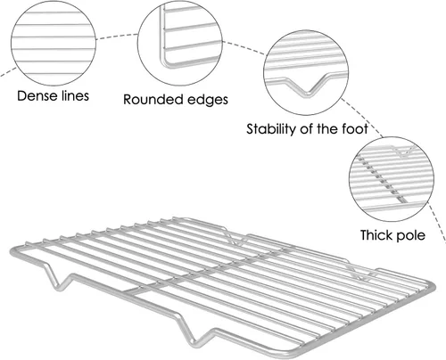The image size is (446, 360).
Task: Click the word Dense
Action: click(37, 96)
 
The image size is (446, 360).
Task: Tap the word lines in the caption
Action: click(76, 95)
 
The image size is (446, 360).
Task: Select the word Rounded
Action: click(152, 100)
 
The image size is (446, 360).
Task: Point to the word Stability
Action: click(271, 129)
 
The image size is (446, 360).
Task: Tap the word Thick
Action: click(376, 235)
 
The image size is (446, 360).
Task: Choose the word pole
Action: click(411, 235)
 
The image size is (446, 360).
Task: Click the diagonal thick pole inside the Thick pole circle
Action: click(384, 180)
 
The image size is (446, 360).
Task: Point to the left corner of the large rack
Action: click(13, 250)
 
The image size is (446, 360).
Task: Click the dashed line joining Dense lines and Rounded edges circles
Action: click(117, 36)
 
